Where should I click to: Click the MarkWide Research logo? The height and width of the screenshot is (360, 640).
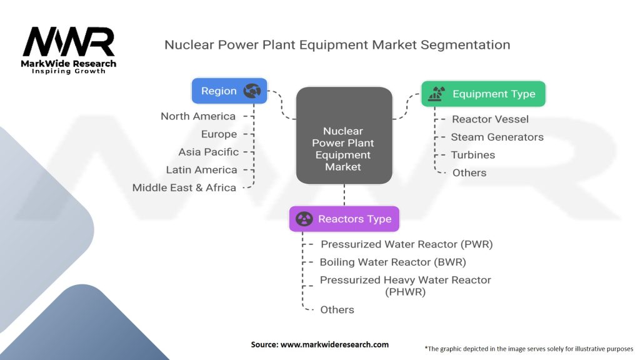click(69, 50)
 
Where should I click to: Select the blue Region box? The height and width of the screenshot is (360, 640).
click(229, 91)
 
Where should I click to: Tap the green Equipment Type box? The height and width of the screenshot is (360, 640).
click(483, 94)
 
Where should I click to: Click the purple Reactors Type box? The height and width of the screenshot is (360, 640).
click(344, 219)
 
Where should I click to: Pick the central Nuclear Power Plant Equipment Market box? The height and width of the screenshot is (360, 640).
click(343, 149)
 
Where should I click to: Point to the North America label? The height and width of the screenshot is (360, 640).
click(198, 116)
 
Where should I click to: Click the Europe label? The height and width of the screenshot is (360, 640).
click(219, 134)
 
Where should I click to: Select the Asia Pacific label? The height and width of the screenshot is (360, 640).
click(208, 152)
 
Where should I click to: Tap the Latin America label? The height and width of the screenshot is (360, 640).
click(201, 170)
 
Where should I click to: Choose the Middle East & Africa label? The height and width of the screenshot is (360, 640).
click(184, 187)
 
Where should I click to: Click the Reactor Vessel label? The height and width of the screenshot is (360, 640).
click(490, 119)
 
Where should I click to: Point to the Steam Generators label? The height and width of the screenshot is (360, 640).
click(497, 137)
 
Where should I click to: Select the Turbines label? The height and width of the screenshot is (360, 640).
click(473, 155)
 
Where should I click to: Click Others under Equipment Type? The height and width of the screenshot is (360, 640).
click(469, 172)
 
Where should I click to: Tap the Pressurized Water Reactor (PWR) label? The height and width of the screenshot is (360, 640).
click(406, 244)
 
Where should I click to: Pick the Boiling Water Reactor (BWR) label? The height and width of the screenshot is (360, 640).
click(393, 262)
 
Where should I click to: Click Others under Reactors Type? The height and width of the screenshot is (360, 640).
click(337, 309)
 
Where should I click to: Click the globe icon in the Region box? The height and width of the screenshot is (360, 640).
click(252, 91)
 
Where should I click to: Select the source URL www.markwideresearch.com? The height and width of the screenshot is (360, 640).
click(334, 344)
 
